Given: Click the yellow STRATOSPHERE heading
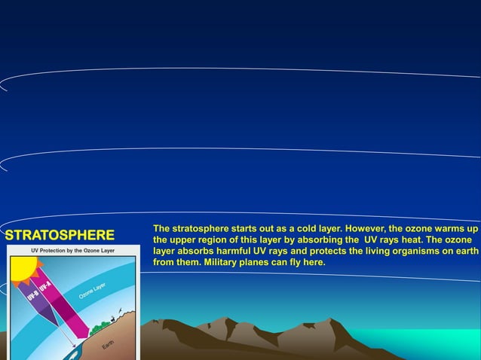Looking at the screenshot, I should (x=60, y=235).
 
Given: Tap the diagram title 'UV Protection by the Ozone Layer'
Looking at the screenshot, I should (x=72, y=250).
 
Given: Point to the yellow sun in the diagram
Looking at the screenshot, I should (x=23, y=268).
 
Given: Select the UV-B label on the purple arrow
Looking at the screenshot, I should (x=33, y=298).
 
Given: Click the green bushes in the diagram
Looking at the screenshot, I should (x=100, y=328).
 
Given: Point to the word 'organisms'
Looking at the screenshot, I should (x=427, y=252).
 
